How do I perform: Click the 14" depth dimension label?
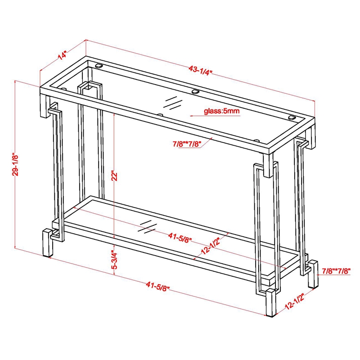click(x=62, y=56)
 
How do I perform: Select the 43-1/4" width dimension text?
click(x=200, y=70)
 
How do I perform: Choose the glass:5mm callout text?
click(x=221, y=111)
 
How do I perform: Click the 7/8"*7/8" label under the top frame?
click(x=185, y=144)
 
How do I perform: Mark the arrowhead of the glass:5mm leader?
click(x=192, y=115)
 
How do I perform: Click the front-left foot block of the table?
click(x=48, y=243)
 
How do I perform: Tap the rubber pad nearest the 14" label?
click(x=99, y=66)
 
